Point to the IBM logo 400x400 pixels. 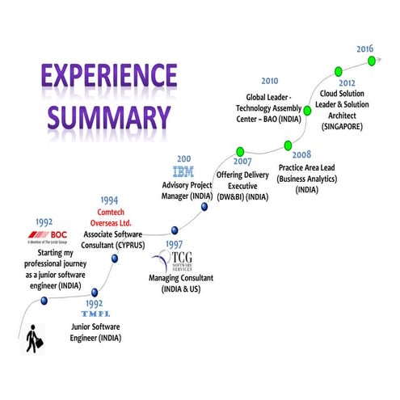183,172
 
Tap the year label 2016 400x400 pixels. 365,49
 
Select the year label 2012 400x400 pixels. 347,83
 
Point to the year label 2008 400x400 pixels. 301,154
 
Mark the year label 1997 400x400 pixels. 172,243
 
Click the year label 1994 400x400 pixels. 112,200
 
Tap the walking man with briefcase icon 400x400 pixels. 33,339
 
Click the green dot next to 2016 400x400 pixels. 370,61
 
